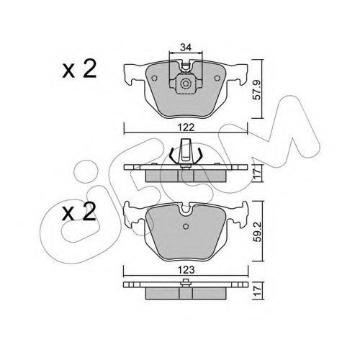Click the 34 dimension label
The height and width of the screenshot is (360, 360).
pyautogui.click(x=186, y=48)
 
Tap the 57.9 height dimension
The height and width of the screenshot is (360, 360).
pyautogui.click(x=257, y=90)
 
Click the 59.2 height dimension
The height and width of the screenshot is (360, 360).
pyautogui.click(x=258, y=232)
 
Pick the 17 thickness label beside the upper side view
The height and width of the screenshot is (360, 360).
pyautogui.click(x=258, y=173)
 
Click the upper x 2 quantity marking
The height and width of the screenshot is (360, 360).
pyautogui.click(x=79, y=69)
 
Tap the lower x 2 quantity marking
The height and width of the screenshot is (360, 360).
pyautogui.click(x=79, y=212)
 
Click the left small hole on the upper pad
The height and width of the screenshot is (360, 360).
pyautogui.click(x=154, y=78)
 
